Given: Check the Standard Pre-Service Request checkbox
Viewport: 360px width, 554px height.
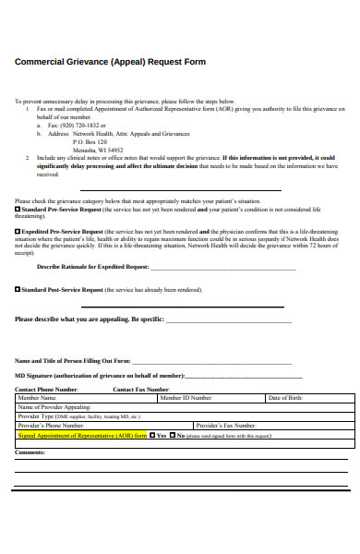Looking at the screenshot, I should [x=18, y=210].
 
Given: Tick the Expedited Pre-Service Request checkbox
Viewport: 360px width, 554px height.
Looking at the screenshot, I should [x=18, y=231].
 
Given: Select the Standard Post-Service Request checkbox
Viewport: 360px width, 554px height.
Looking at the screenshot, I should [x=18, y=289].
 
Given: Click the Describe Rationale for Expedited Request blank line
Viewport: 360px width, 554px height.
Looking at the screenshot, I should [x=222, y=268].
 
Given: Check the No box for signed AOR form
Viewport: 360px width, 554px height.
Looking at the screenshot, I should [x=173, y=435].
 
